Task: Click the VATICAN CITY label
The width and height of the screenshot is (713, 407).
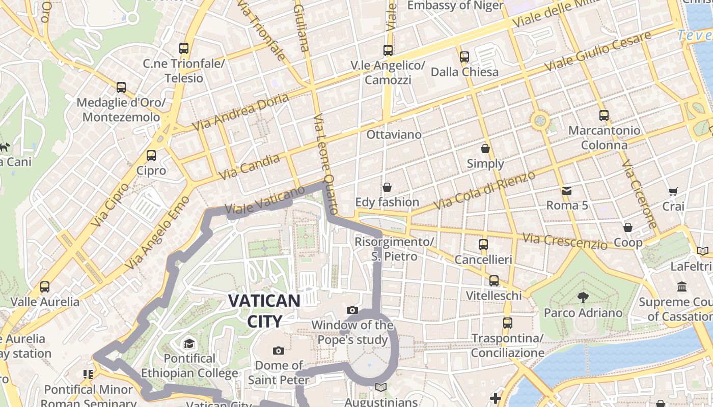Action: [x=264, y=310]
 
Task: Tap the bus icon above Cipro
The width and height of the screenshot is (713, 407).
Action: [x=151, y=156]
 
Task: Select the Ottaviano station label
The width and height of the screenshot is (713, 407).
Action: [x=394, y=135]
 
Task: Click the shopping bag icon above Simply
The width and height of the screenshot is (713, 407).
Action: [x=485, y=149]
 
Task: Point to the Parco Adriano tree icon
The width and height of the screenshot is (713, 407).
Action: [x=583, y=297]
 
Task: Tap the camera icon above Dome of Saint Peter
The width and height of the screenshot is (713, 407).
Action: [x=278, y=351]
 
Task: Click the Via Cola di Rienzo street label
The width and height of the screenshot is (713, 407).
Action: [x=484, y=190]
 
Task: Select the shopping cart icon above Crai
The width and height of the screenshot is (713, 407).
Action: [x=673, y=191]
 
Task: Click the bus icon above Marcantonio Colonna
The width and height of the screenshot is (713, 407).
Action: [x=604, y=115]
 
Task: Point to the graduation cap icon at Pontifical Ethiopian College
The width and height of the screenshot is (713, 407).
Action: [x=189, y=343]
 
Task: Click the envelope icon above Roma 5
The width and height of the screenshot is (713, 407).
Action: [x=567, y=191]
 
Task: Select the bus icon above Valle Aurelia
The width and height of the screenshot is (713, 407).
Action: [x=45, y=287]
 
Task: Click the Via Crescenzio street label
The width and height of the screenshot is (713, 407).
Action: [x=565, y=241]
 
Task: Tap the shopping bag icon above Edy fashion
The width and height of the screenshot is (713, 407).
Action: [x=387, y=187]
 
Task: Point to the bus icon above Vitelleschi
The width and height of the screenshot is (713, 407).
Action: [x=493, y=281]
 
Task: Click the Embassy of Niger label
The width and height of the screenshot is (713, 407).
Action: [x=455, y=6]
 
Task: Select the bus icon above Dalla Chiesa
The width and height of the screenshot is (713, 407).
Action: [x=464, y=57]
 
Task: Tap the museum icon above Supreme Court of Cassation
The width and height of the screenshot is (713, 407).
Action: [x=682, y=287]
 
